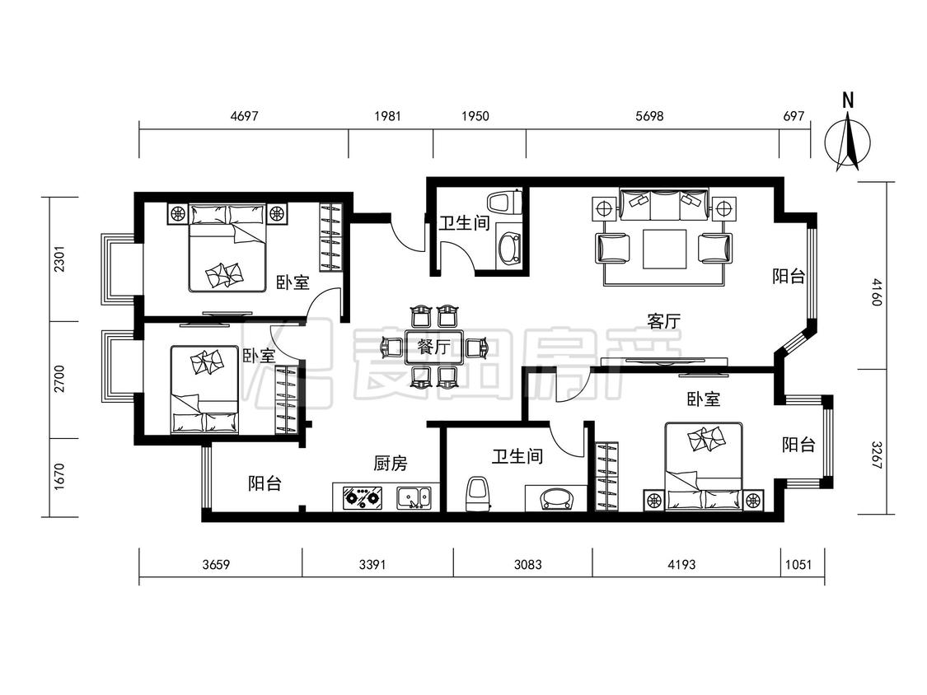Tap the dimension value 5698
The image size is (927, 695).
click(649, 116)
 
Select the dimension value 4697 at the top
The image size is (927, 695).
click(244, 116)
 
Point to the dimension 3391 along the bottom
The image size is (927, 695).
click(372, 564)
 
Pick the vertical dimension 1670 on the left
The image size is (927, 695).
click(59, 476)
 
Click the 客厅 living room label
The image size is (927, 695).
click(663, 321)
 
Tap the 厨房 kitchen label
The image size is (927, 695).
click(391, 464)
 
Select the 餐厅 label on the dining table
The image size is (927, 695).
click(434, 347)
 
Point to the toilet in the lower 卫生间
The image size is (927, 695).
click(479, 494)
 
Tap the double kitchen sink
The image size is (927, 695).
click(414, 497)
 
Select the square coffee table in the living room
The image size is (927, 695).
click(664, 248)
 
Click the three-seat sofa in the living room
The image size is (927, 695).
click(664, 204)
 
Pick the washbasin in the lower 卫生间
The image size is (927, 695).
click(556, 498)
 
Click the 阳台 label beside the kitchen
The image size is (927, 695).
click(265, 483)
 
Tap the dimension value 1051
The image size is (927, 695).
click(798, 564)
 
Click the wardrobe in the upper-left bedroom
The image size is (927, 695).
click(332, 238)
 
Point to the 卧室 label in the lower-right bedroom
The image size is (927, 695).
click(704, 399)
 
